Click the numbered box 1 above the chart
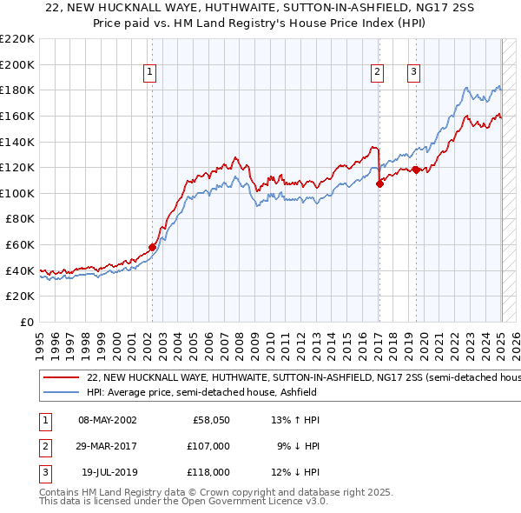click(x=150, y=73)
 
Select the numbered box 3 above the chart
click(x=414, y=73)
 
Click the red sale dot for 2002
click(x=152, y=247)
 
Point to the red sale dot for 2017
click(x=379, y=183)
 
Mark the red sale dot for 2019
click(x=416, y=170)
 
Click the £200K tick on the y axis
click(x=17, y=64)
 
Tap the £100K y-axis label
click(x=17, y=193)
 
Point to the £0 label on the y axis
click(x=26, y=322)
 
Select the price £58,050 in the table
click(x=211, y=420)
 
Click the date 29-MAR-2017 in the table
click(x=108, y=446)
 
